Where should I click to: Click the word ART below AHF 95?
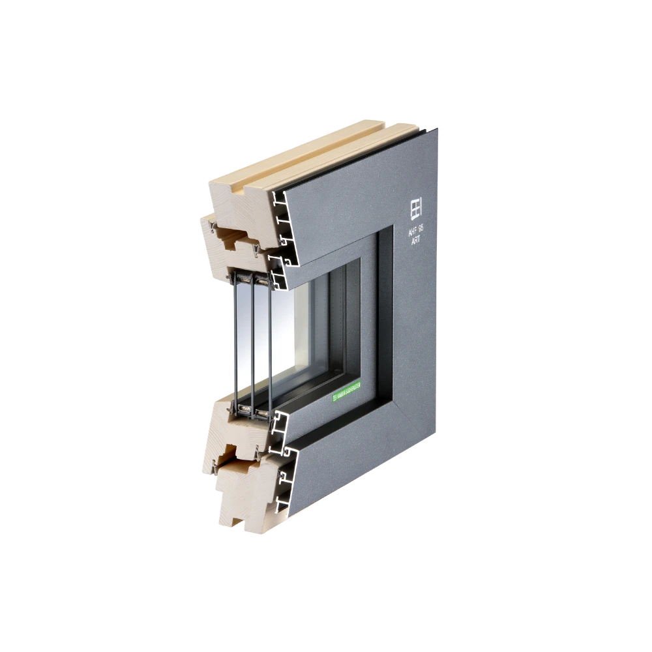[415, 241]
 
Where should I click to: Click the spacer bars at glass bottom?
[251, 411]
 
